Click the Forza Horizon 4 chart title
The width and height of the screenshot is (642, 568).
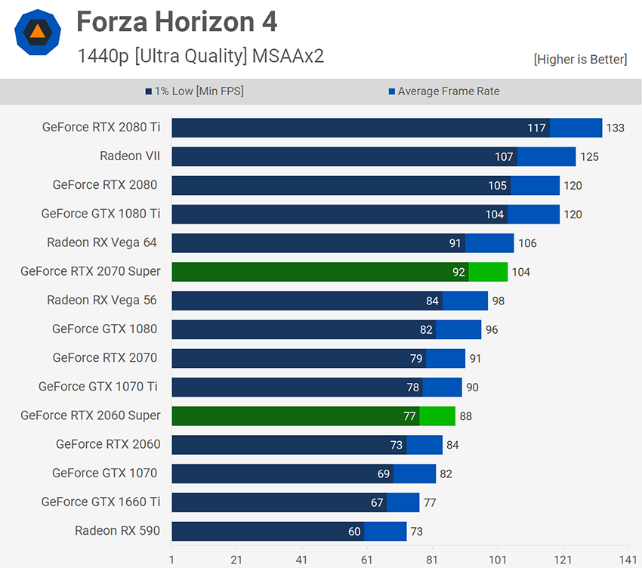click(177, 22)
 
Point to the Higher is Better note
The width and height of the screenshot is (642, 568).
click(580, 59)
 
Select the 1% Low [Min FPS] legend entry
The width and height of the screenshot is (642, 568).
click(194, 91)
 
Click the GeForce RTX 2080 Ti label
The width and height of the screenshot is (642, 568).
click(101, 128)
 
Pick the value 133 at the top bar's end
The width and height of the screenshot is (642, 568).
click(616, 128)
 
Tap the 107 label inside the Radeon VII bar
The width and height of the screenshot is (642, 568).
click(504, 157)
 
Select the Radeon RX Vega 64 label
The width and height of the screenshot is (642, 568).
click(102, 242)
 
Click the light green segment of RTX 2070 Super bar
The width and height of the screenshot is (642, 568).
click(488, 272)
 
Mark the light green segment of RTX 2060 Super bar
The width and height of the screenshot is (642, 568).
click(437, 415)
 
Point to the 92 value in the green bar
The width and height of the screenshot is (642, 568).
click(458, 272)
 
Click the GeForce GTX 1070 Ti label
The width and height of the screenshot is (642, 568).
click(98, 387)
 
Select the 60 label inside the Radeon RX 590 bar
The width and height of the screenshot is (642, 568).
click(354, 531)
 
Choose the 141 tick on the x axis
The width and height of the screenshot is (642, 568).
click(627, 560)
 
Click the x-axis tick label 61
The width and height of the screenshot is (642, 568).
click(367, 560)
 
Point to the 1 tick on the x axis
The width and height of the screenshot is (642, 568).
click(172, 560)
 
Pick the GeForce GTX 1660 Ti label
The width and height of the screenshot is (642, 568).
click(101, 502)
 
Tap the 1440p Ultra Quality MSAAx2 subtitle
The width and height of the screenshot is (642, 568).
click(200, 56)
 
